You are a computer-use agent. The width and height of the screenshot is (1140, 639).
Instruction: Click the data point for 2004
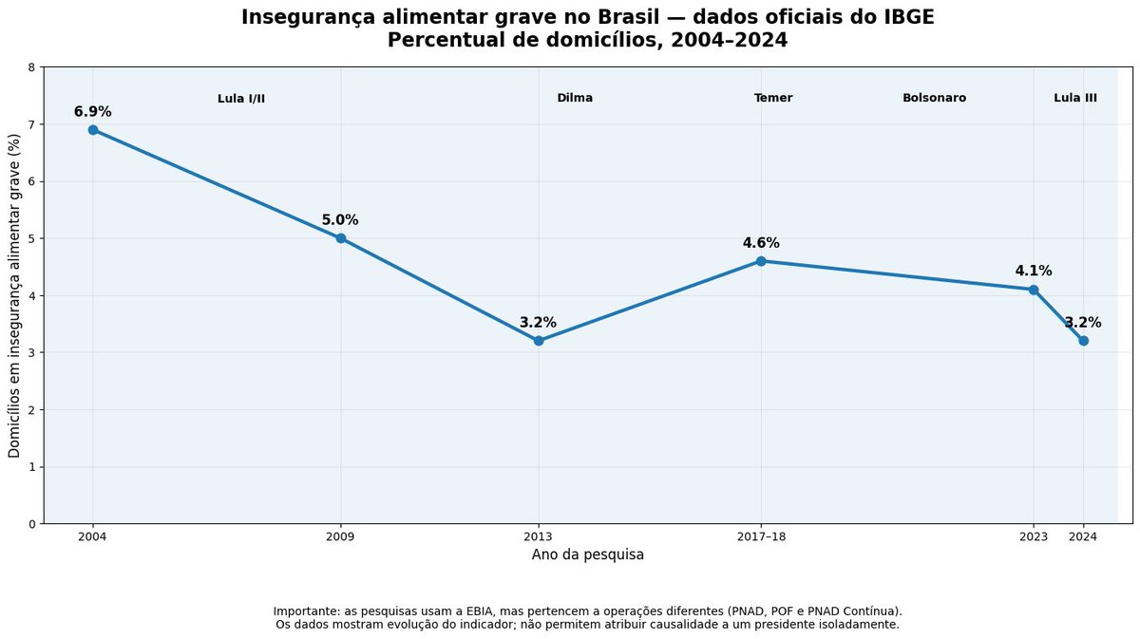pos(93,130)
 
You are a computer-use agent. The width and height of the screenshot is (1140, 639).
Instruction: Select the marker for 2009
pos(341,238)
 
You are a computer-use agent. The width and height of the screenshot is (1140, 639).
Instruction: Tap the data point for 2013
pos(539,341)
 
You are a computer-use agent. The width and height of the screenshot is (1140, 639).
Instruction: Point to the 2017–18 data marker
pos(761,261)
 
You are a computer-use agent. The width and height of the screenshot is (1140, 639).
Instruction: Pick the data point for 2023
pos(1034,290)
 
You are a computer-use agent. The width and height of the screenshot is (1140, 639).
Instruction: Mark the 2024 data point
pos(1084,341)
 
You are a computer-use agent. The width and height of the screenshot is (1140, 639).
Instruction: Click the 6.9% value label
pos(93,112)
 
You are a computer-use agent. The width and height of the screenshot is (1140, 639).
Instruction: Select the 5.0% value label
pos(340,220)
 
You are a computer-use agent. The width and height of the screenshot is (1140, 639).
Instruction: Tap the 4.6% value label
pos(761,243)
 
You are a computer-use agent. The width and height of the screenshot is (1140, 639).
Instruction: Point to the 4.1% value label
pos(1034,272)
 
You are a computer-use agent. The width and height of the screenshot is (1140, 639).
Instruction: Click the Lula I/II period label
pos(241,99)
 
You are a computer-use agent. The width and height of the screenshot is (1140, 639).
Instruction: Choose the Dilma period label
pos(575,98)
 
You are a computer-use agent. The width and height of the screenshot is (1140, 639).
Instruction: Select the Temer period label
pos(773,98)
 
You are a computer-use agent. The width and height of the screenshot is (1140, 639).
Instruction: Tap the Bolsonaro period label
pos(935,98)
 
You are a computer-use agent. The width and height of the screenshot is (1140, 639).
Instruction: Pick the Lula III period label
pos(1075,98)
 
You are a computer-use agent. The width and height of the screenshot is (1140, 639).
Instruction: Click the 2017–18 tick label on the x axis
pos(761,537)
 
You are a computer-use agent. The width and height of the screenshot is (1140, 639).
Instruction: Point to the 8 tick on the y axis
pos(32,67)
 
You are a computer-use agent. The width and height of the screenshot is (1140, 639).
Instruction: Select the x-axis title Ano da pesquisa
pos(588,555)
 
